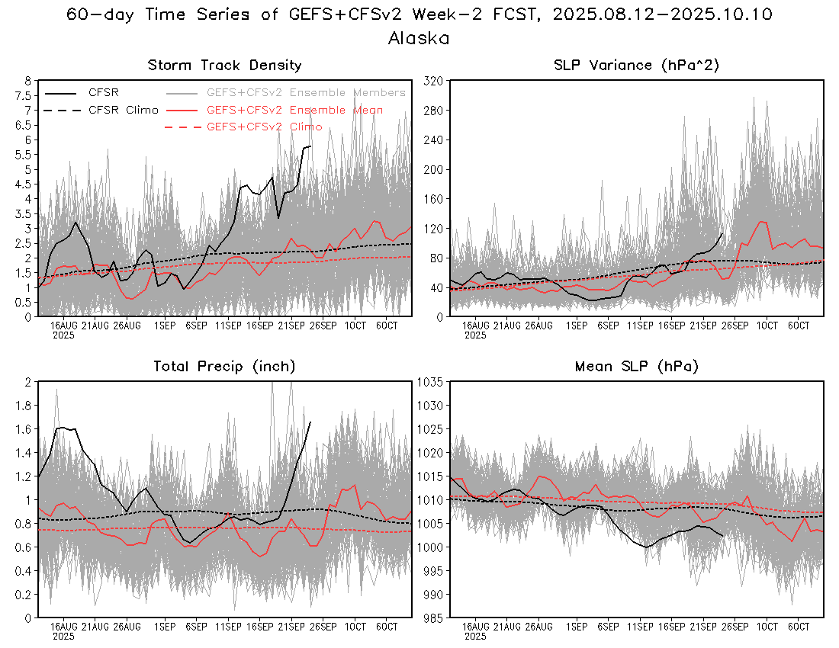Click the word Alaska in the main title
419,37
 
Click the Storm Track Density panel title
224,66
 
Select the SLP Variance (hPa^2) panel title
636,66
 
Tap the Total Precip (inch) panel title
224,367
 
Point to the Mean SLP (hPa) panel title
636,367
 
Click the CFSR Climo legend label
124,110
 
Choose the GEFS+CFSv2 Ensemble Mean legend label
294,110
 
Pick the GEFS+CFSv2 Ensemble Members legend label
306,92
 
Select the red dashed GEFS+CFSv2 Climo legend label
264,127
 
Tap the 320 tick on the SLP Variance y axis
435,80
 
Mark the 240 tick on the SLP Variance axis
435,140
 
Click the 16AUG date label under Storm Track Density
63,326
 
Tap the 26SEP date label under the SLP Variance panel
735,326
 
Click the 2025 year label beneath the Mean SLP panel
475,635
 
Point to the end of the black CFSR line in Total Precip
310,422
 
